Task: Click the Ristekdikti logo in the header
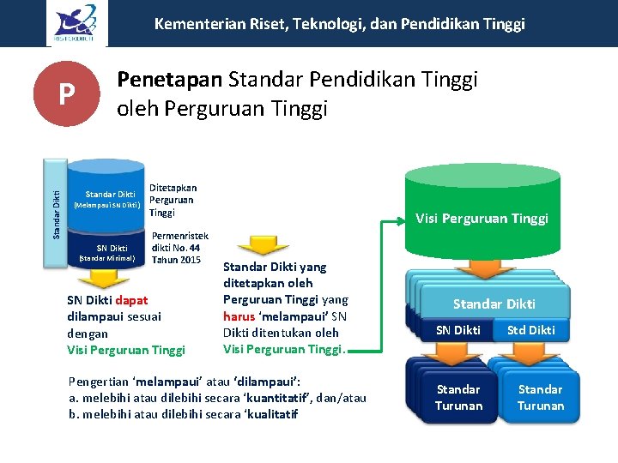[76, 22]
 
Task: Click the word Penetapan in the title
[169, 80]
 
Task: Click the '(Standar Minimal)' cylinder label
[108, 258]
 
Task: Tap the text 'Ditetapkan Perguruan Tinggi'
[173, 200]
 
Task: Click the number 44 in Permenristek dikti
[194, 248]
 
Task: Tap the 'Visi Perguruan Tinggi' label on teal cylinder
[482, 218]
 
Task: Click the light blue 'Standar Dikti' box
[494, 304]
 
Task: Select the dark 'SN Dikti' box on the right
[458, 330]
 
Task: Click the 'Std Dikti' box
[531, 330]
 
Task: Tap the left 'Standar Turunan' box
[458, 398]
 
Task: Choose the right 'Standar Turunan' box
[540, 398]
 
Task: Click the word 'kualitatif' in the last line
[268, 414]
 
